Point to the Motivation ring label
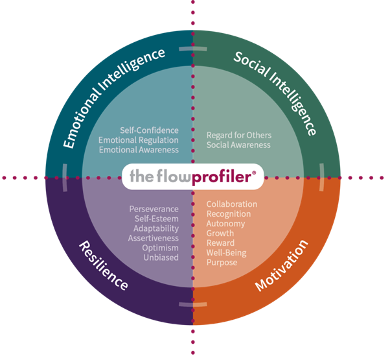[282, 266]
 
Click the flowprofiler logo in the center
[192, 176]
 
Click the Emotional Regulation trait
[139, 140]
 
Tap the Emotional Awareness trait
[139, 150]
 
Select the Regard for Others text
[239, 135]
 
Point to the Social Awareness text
[238, 145]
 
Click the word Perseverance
[154, 209]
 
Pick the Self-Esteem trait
[157, 219]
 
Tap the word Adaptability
[156, 228]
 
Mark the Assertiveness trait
[154, 238]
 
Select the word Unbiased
[161, 258]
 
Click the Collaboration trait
[232, 204]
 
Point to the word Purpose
[222, 262]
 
